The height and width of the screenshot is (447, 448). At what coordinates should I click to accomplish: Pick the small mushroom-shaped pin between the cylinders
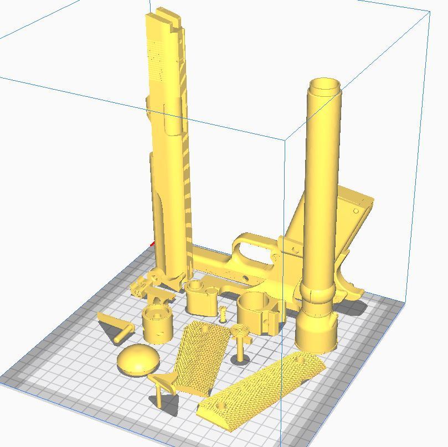pyautogui.click(x=223, y=313)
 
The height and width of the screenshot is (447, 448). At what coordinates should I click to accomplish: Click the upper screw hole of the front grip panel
pyautogui.click(x=302, y=360)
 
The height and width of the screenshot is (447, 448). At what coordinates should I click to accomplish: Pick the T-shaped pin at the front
pyautogui.click(x=161, y=387)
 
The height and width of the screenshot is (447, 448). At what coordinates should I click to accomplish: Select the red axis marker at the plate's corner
pyautogui.click(x=152, y=244)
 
